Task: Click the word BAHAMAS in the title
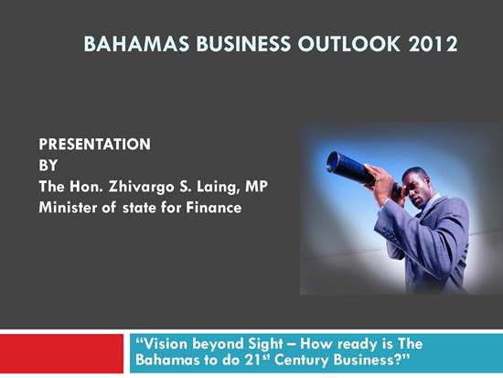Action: (x=136, y=44)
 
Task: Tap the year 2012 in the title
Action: (x=433, y=44)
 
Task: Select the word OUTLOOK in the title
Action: (x=349, y=44)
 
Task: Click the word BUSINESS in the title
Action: (x=243, y=44)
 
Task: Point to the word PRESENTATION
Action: (x=94, y=145)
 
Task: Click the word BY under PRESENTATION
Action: (x=48, y=166)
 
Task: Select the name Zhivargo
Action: (x=141, y=188)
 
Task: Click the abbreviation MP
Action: (x=256, y=187)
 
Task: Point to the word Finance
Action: (x=214, y=208)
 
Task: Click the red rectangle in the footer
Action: (x=61, y=353)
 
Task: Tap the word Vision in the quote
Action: (x=162, y=344)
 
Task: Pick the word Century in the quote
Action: (x=302, y=360)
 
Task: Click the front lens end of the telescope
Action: (x=333, y=162)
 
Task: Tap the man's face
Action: (x=416, y=189)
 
